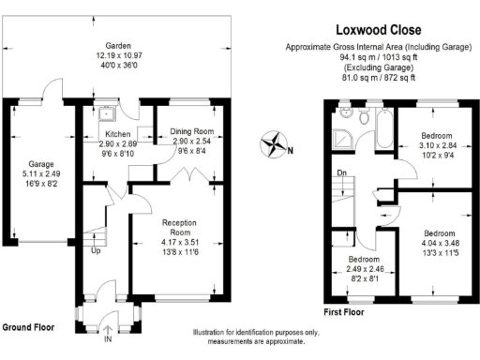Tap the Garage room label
coord(39,163)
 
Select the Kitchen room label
coord(116,133)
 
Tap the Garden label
coord(117,45)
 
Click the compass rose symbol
coord(274,145)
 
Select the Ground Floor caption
coord(27,328)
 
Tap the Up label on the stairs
coord(96,251)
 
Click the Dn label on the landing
coord(341,172)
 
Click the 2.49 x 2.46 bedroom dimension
coord(366,268)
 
